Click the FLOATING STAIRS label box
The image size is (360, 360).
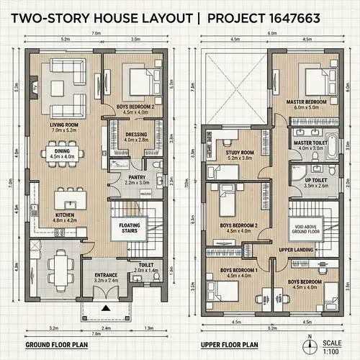click(130, 229)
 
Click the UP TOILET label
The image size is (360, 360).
click(315, 182)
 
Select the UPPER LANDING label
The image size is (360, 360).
click(295, 249)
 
